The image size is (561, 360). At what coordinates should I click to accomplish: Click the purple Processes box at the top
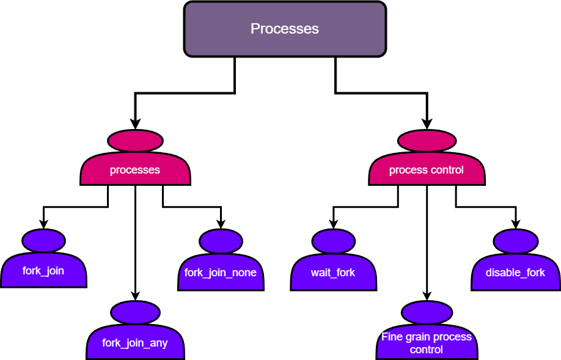click(285, 29)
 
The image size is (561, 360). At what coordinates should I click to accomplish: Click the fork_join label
click(43, 271)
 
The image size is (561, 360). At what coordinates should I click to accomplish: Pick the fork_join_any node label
click(135, 343)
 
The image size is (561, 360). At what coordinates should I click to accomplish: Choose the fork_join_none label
click(221, 273)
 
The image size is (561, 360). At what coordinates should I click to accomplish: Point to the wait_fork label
click(333, 273)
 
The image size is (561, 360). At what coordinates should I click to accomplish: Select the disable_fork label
click(515, 273)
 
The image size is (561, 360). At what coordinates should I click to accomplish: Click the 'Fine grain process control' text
click(427, 343)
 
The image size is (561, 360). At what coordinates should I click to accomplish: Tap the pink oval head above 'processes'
click(135, 141)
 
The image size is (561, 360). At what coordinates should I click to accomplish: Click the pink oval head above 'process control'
click(427, 141)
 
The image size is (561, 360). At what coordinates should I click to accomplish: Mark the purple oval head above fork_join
click(43, 240)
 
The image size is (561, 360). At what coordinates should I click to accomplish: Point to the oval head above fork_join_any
click(135, 312)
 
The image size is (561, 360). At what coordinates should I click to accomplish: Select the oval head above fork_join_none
click(221, 241)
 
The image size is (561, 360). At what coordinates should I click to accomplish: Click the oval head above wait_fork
click(333, 241)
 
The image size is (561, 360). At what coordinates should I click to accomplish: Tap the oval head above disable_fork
click(515, 241)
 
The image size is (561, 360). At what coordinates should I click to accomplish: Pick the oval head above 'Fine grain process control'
click(427, 312)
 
